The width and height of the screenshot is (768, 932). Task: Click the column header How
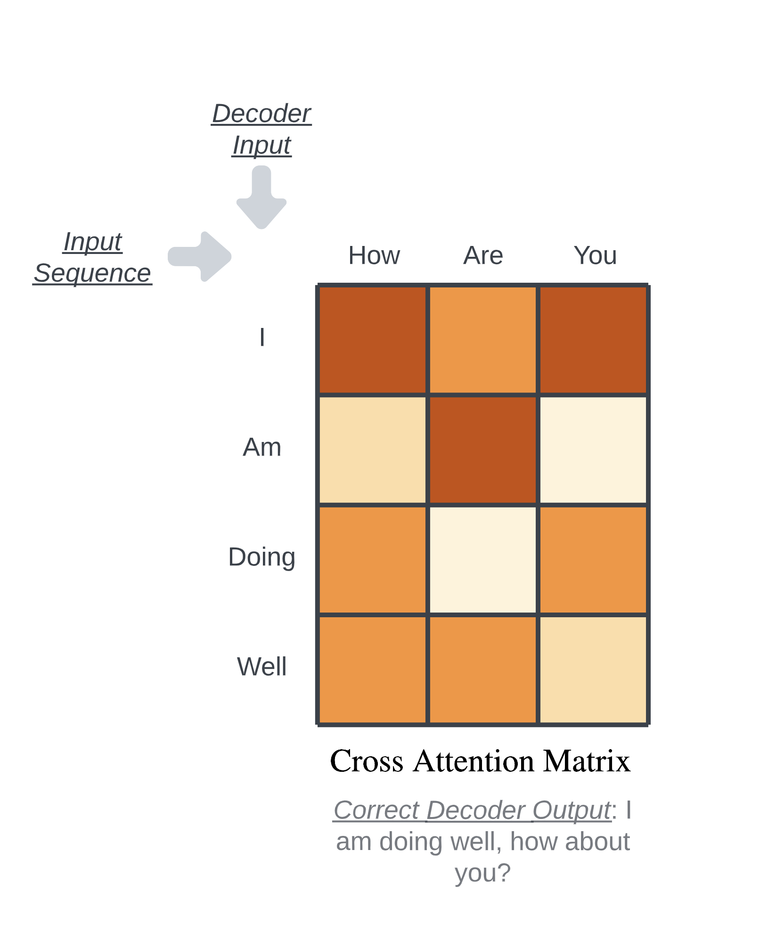pos(374,255)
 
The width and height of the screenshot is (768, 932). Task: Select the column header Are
pos(483,255)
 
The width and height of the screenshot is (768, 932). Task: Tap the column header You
pos(595,255)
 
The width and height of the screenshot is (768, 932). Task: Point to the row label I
pos(262,337)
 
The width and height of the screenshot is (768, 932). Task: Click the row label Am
pos(262,447)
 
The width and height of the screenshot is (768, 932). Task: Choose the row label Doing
pos(262,557)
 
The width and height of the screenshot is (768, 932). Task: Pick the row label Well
pos(262,667)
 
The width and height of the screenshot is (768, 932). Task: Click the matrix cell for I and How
pos(373,340)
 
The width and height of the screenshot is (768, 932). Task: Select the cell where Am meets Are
pos(483,450)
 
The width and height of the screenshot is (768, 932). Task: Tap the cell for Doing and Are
pos(483,560)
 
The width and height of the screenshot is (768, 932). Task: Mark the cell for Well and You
pos(593,670)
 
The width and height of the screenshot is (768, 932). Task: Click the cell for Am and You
pos(593,450)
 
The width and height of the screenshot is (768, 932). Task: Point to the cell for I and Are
pos(483,340)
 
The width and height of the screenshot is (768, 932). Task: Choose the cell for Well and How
pos(373,670)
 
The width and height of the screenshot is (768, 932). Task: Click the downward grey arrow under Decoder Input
pos(261,197)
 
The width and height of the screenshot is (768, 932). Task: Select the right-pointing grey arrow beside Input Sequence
pos(200,256)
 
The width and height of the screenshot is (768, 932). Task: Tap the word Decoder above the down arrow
pos(261,114)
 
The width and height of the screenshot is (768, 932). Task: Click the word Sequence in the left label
pos(92,273)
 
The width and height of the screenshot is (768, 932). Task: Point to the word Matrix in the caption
pos(587,760)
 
